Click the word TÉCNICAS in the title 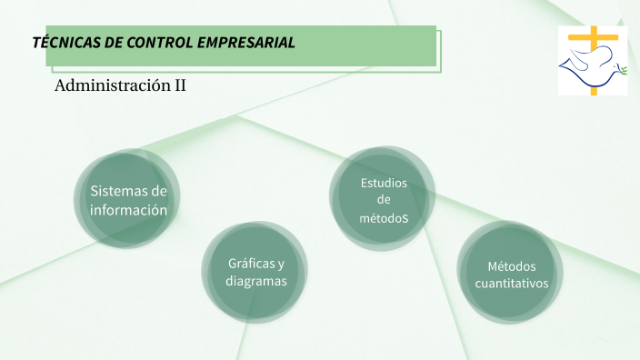pyautogui.click(x=64, y=43)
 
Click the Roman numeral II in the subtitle pyautogui.click(x=180, y=86)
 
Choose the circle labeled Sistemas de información pyautogui.click(x=128, y=199)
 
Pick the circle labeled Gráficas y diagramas pyautogui.click(x=255, y=273)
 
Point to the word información pyautogui.click(x=128, y=209)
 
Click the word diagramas pyautogui.click(x=256, y=282)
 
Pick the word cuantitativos pyautogui.click(x=512, y=283)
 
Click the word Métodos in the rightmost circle pyautogui.click(x=512, y=266)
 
